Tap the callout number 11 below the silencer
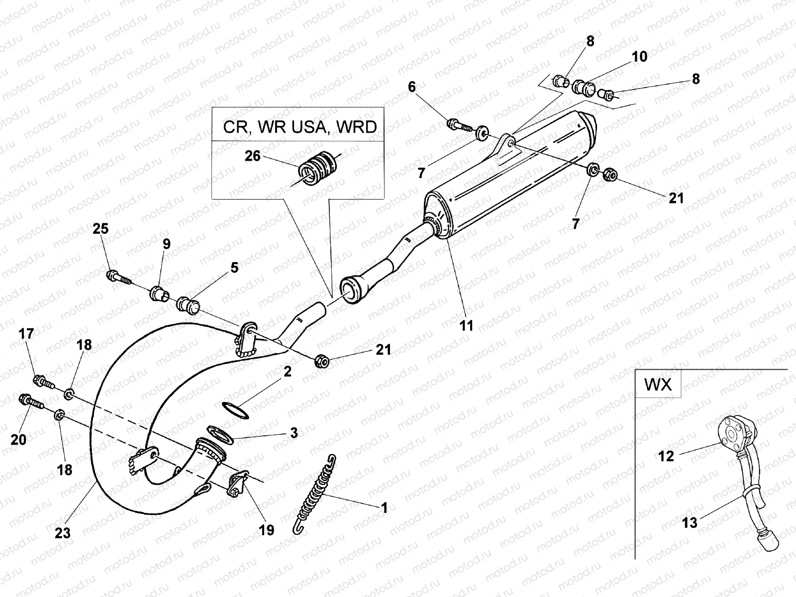[466, 325]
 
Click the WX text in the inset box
[658, 385]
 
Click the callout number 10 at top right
[639, 57]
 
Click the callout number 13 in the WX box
[690, 523]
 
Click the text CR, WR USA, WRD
[299, 127]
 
